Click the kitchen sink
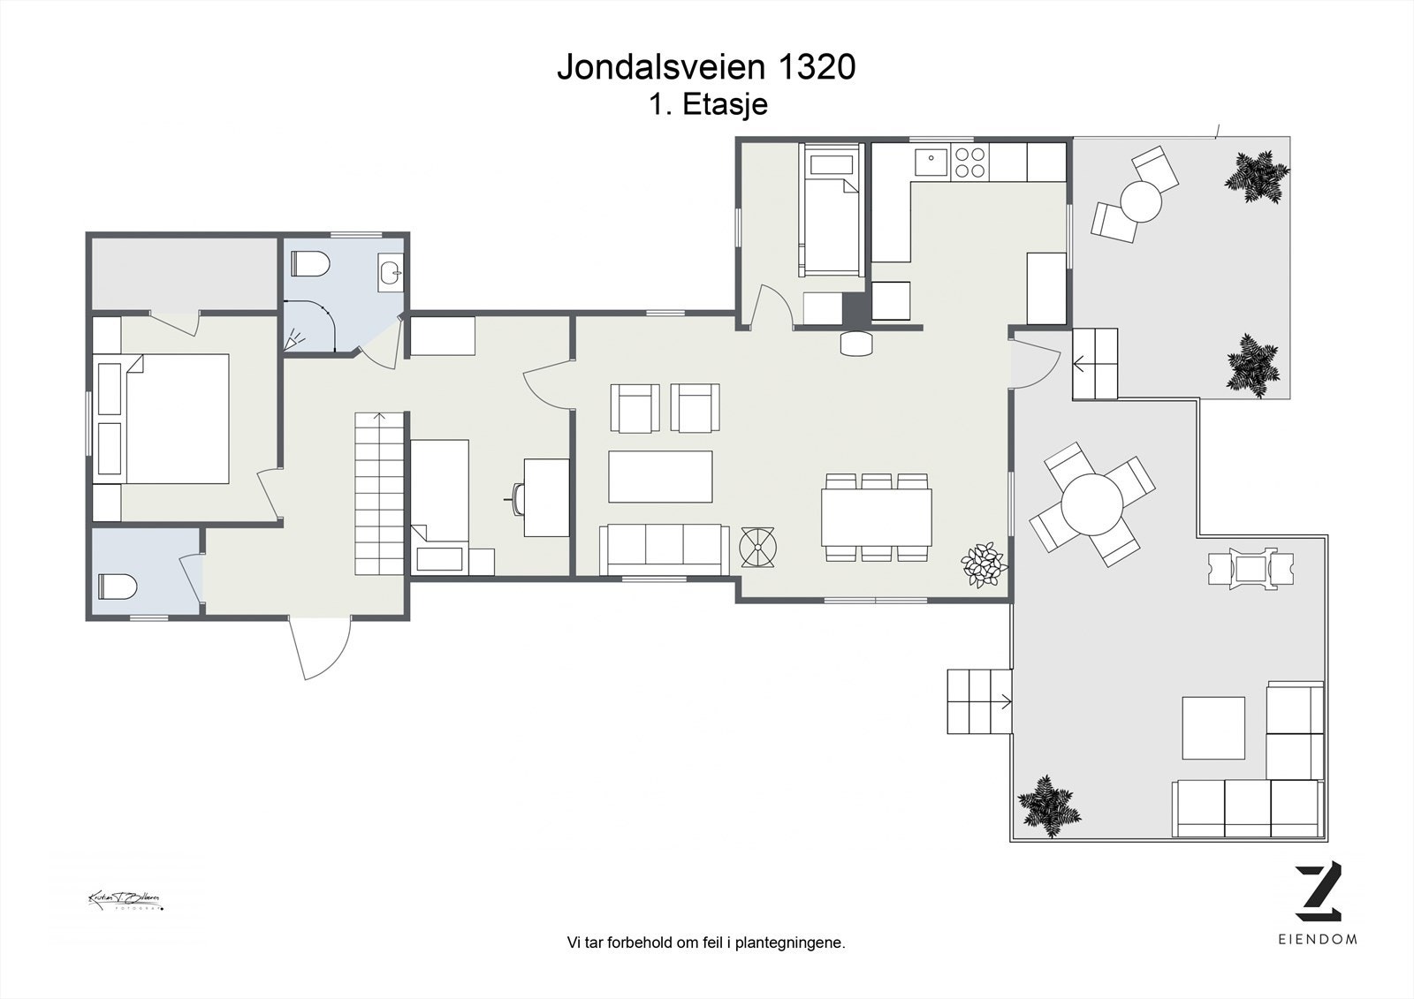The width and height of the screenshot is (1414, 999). pos(930,163)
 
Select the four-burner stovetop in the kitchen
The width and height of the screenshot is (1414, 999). pos(969,163)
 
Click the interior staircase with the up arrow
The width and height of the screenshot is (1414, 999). pos(380,495)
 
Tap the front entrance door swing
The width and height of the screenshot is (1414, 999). pos(320,649)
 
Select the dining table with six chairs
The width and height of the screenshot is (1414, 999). pos(876,518)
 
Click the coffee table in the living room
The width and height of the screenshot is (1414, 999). pos(660,476)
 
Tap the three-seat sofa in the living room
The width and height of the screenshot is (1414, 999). pos(663,545)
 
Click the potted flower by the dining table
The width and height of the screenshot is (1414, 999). pos(983,564)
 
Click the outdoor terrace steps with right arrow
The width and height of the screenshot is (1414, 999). pos(979,701)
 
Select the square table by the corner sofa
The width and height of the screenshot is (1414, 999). pos(1213,728)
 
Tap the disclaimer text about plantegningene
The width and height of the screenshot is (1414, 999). pos(706,942)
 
